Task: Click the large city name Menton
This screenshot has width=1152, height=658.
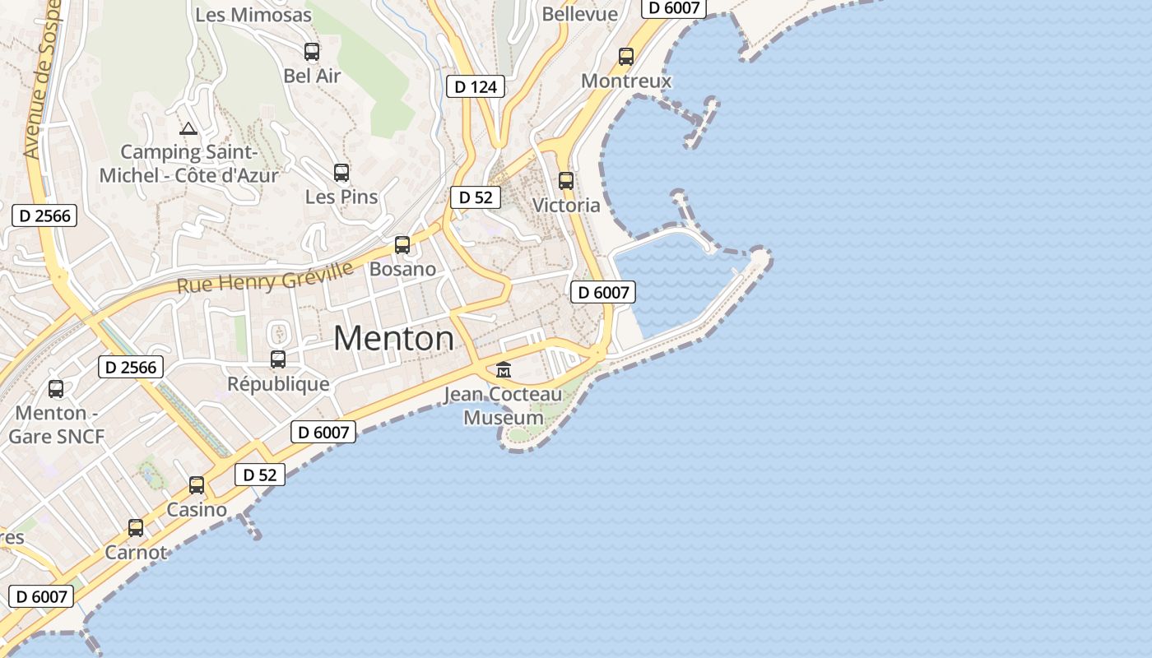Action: (x=394, y=338)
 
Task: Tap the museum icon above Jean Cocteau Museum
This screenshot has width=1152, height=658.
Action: (x=504, y=369)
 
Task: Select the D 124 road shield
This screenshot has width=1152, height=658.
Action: (x=476, y=86)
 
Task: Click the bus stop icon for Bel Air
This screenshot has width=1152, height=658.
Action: (x=312, y=52)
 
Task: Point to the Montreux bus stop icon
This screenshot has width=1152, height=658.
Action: (x=626, y=57)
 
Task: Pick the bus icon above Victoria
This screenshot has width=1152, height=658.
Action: (x=566, y=181)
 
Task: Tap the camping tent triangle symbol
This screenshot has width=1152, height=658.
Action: (x=188, y=128)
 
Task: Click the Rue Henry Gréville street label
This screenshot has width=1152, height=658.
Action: (x=265, y=277)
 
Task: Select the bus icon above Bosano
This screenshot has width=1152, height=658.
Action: (x=402, y=244)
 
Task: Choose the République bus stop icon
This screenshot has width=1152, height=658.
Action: (x=278, y=359)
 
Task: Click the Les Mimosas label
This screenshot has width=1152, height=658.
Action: (x=253, y=15)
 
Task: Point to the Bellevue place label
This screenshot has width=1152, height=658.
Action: (x=580, y=14)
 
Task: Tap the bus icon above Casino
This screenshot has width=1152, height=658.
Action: (x=197, y=485)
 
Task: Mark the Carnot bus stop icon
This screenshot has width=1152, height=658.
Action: (x=136, y=528)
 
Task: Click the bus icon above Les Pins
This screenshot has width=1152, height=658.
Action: (x=341, y=173)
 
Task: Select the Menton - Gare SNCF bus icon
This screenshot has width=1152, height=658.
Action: (x=56, y=389)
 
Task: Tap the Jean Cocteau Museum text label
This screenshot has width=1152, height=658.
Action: (x=504, y=406)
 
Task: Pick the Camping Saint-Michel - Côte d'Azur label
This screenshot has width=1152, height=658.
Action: (x=189, y=163)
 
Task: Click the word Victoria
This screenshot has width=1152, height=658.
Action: (x=566, y=205)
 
